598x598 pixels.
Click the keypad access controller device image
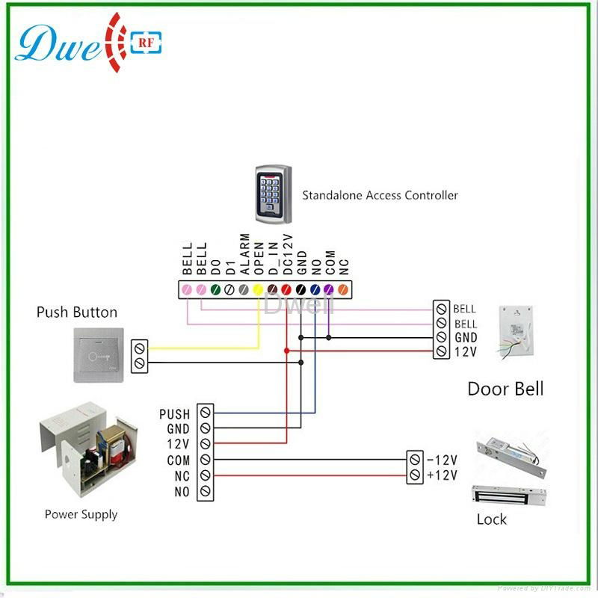[271, 195]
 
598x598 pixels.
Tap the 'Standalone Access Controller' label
[380, 196]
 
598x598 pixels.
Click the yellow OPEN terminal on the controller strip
[258, 289]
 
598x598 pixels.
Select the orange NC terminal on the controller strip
[343, 289]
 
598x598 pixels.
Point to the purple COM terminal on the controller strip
[329, 289]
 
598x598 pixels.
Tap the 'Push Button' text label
[77, 312]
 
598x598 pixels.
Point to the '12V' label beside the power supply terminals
[179, 445]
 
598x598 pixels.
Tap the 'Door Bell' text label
[505, 389]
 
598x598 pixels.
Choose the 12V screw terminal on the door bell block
[442, 351]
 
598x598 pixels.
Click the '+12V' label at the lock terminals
[443, 475]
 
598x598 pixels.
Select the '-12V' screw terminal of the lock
[415, 459]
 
